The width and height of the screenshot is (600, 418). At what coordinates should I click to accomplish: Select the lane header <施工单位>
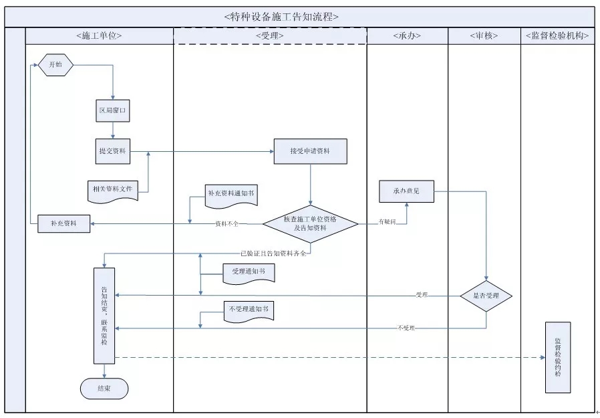pyautogui.click(x=99, y=36)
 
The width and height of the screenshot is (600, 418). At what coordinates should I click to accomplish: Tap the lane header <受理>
pyautogui.click(x=270, y=36)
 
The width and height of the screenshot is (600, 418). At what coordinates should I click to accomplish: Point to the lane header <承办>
pyautogui.click(x=407, y=36)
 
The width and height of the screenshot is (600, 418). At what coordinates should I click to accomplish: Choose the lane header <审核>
pyautogui.click(x=484, y=36)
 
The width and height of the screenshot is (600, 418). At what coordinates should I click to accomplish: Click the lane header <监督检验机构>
pyautogui.click(x=557, y=36)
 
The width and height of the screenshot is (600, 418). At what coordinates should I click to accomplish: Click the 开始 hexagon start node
pyautogui.click(x=55, y=66)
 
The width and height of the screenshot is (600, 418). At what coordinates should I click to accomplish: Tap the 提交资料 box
pyautogui.click(x=112, y=152)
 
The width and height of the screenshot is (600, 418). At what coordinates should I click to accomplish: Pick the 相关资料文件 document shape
pyautogui.click(x=113, y=190)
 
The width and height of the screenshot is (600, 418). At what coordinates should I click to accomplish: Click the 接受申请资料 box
pyautogui.click(x=310, y=152)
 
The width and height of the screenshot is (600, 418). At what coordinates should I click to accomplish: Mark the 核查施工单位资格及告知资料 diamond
pyautogui.click(x=310, y=223)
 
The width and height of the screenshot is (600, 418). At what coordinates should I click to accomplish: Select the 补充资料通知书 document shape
pyautogui.click(x=231, y=194)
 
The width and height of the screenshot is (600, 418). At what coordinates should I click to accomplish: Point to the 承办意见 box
pyautogui.click(x=407, y=191)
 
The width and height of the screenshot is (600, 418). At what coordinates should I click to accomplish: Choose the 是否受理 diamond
pyautogui.click(x=486, y=296)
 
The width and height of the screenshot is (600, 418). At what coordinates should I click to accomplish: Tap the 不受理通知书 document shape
pyautogui.click(x=248, y=310)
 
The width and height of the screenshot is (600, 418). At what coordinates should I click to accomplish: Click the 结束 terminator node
pyautogui.click(x=104, y=388)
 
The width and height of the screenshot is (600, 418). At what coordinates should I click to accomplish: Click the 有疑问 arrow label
pyautogui.click(x=388, y=221)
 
